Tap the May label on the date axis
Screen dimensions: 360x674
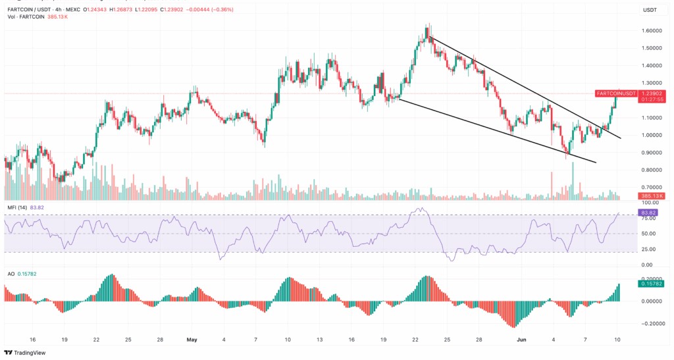tap(192, 340)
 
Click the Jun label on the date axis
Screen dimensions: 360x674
tap(521, 340)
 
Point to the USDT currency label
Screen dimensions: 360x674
tap(650, 10)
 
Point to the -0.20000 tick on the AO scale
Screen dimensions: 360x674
tap(650, 324)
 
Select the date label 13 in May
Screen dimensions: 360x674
tap(320, 340)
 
